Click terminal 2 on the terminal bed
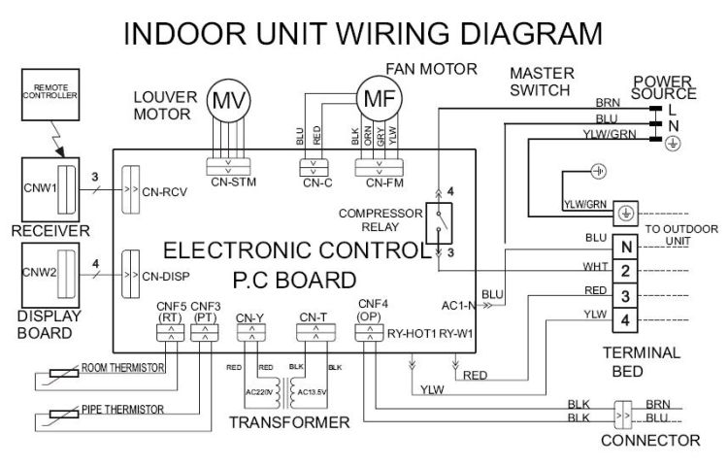coord(627,270)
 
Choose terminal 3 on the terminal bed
coord(627,294)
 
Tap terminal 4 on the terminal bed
coord(627,318)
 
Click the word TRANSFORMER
coord(289,422)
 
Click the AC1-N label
coord(460,303)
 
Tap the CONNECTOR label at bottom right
coord(650,440)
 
